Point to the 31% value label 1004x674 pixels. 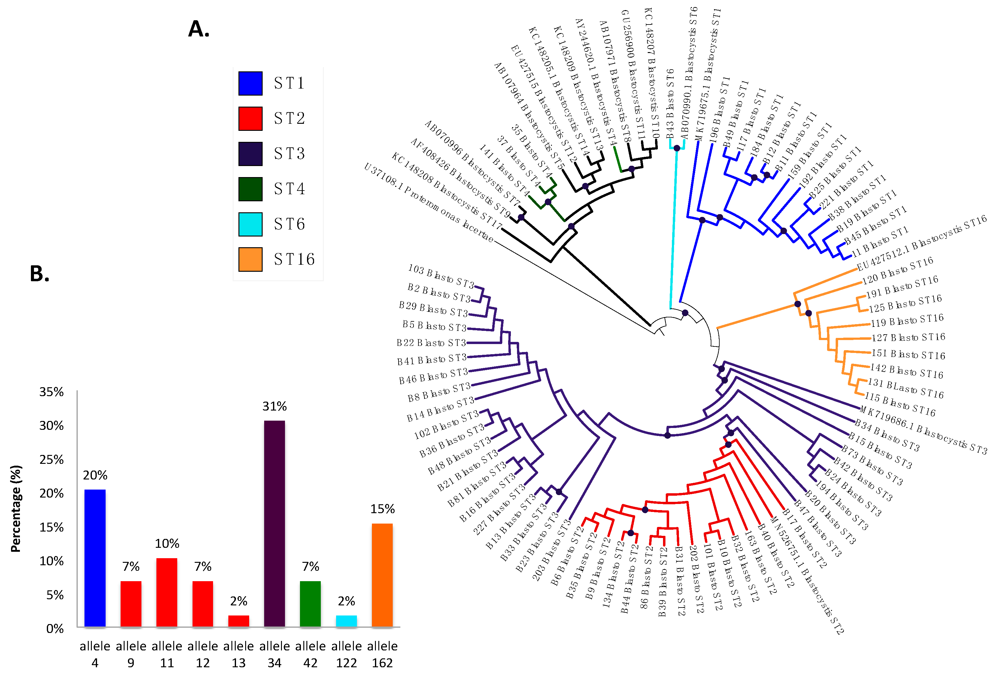(x=274, y=406)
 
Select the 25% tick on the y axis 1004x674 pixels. (x=51, y=460)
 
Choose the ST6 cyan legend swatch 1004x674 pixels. (x=250, y=224)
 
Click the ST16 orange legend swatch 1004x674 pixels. (x=250, y=259)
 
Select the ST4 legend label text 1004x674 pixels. (x=290, y=189)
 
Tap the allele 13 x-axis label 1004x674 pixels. (x=238, y=654)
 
